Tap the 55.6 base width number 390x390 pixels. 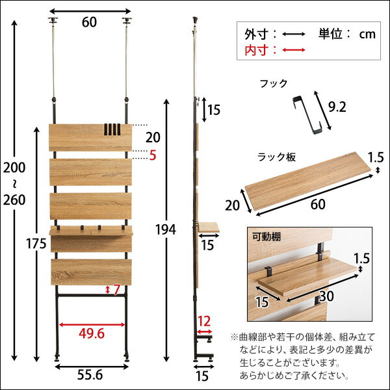point(89,375)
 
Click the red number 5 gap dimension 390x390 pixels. point(153,156)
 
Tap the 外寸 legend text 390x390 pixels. point(257,33)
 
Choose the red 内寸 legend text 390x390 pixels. point(257,49)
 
